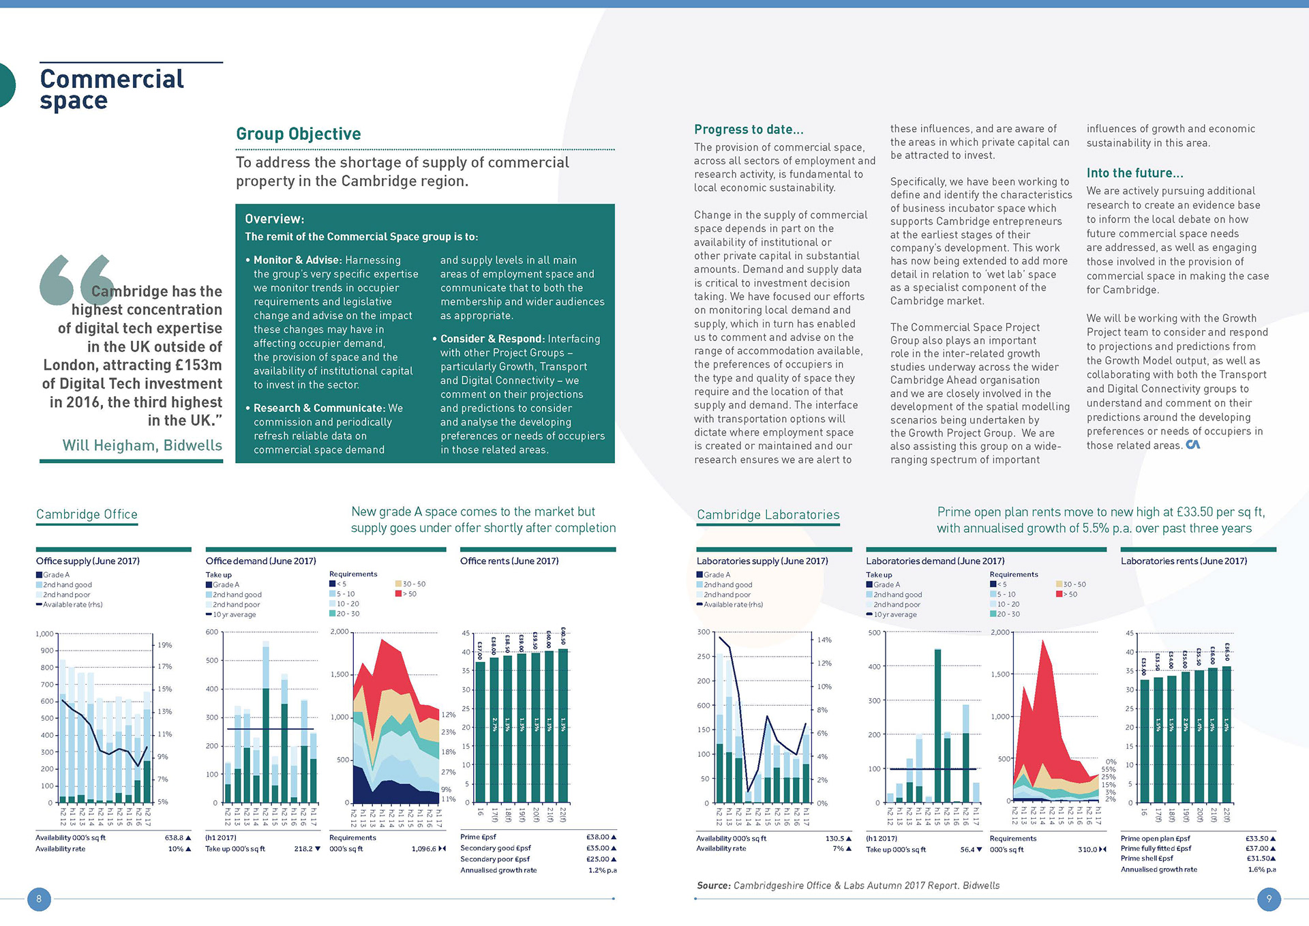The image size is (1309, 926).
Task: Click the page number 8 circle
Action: (x=39, y=899)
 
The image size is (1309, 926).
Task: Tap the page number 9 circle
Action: (x=1269, y=899)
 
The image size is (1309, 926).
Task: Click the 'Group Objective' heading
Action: (x=298, y=134)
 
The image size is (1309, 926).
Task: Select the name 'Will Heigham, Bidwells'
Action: (x=142, y=445)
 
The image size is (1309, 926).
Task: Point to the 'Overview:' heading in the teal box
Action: (x=274, y=219)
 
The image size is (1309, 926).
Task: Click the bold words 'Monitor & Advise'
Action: (x=297, y=260)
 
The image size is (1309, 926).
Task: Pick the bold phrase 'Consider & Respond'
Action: (x=491, y=339)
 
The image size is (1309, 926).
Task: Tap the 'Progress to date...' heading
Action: (x=749, y=130)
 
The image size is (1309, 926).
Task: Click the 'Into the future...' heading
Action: (x=1134, y=173)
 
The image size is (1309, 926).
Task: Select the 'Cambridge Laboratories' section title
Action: (x=768, y=515)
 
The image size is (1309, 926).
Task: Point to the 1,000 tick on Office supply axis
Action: (x=44, y=634)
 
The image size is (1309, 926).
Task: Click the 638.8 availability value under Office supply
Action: (x=175, y=837)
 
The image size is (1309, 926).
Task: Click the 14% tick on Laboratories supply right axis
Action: (x=824, y=640)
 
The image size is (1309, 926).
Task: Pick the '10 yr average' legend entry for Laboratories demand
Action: (x=894, y=614)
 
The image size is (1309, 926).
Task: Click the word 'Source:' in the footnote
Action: (x=713, y=885)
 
